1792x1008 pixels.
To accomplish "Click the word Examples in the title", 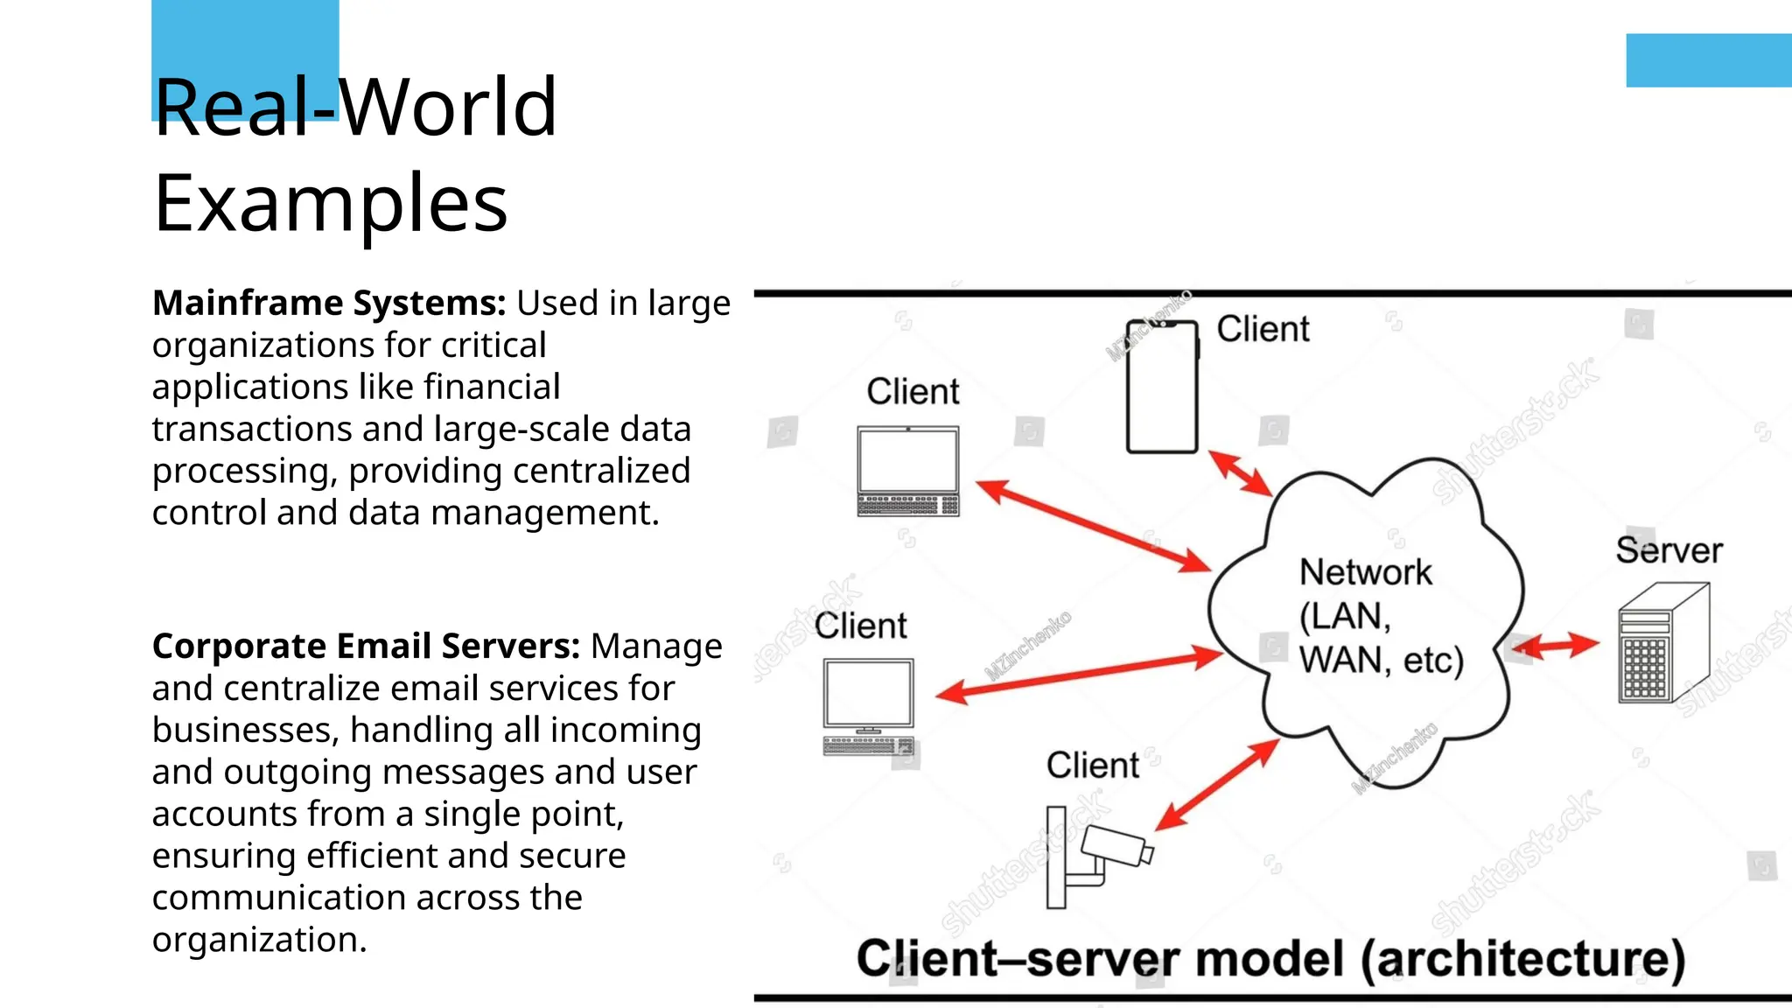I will pyautogui.click(x=331, y=203).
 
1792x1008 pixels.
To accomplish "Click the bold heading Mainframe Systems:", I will pyautogui.click(x=329, y=303).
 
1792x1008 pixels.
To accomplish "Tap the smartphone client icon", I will pyautogui.click(x=1162, y=387).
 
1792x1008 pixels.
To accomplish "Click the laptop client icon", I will pyautogui.click(x=908, y=471).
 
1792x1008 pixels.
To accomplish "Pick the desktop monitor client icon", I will pyautogui.click(x=869, y=705).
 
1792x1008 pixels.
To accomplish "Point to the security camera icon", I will pyautogui.click(x=1097, y=857).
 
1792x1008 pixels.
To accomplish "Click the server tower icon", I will pyautogui.click(x=1662, y=646).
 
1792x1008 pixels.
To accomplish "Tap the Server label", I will pyautogui.click(x=1669, y=550).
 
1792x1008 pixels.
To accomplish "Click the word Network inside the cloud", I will pyautogui.click(x=1365, y=572).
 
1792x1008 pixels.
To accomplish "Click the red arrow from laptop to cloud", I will pyautogui.click(x=1093, y=526).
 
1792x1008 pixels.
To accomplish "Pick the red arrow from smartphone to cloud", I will pyautogui.click(x=1239, y=473).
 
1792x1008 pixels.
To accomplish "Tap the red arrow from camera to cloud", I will pyautogui.click(x=1217, y=785).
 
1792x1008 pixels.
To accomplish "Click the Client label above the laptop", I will pyautogui.click(x=913, y=391).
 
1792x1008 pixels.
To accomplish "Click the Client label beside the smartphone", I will pyautogui.click(x=1263, y=329).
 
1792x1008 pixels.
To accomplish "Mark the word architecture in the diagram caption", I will pyautogui.click(x=1522, y=959).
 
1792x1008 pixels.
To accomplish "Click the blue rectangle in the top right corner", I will pyautogui.click(x=1708, y=60).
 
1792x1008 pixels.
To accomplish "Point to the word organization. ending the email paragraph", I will pyautogui.click(x=259, y=940).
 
